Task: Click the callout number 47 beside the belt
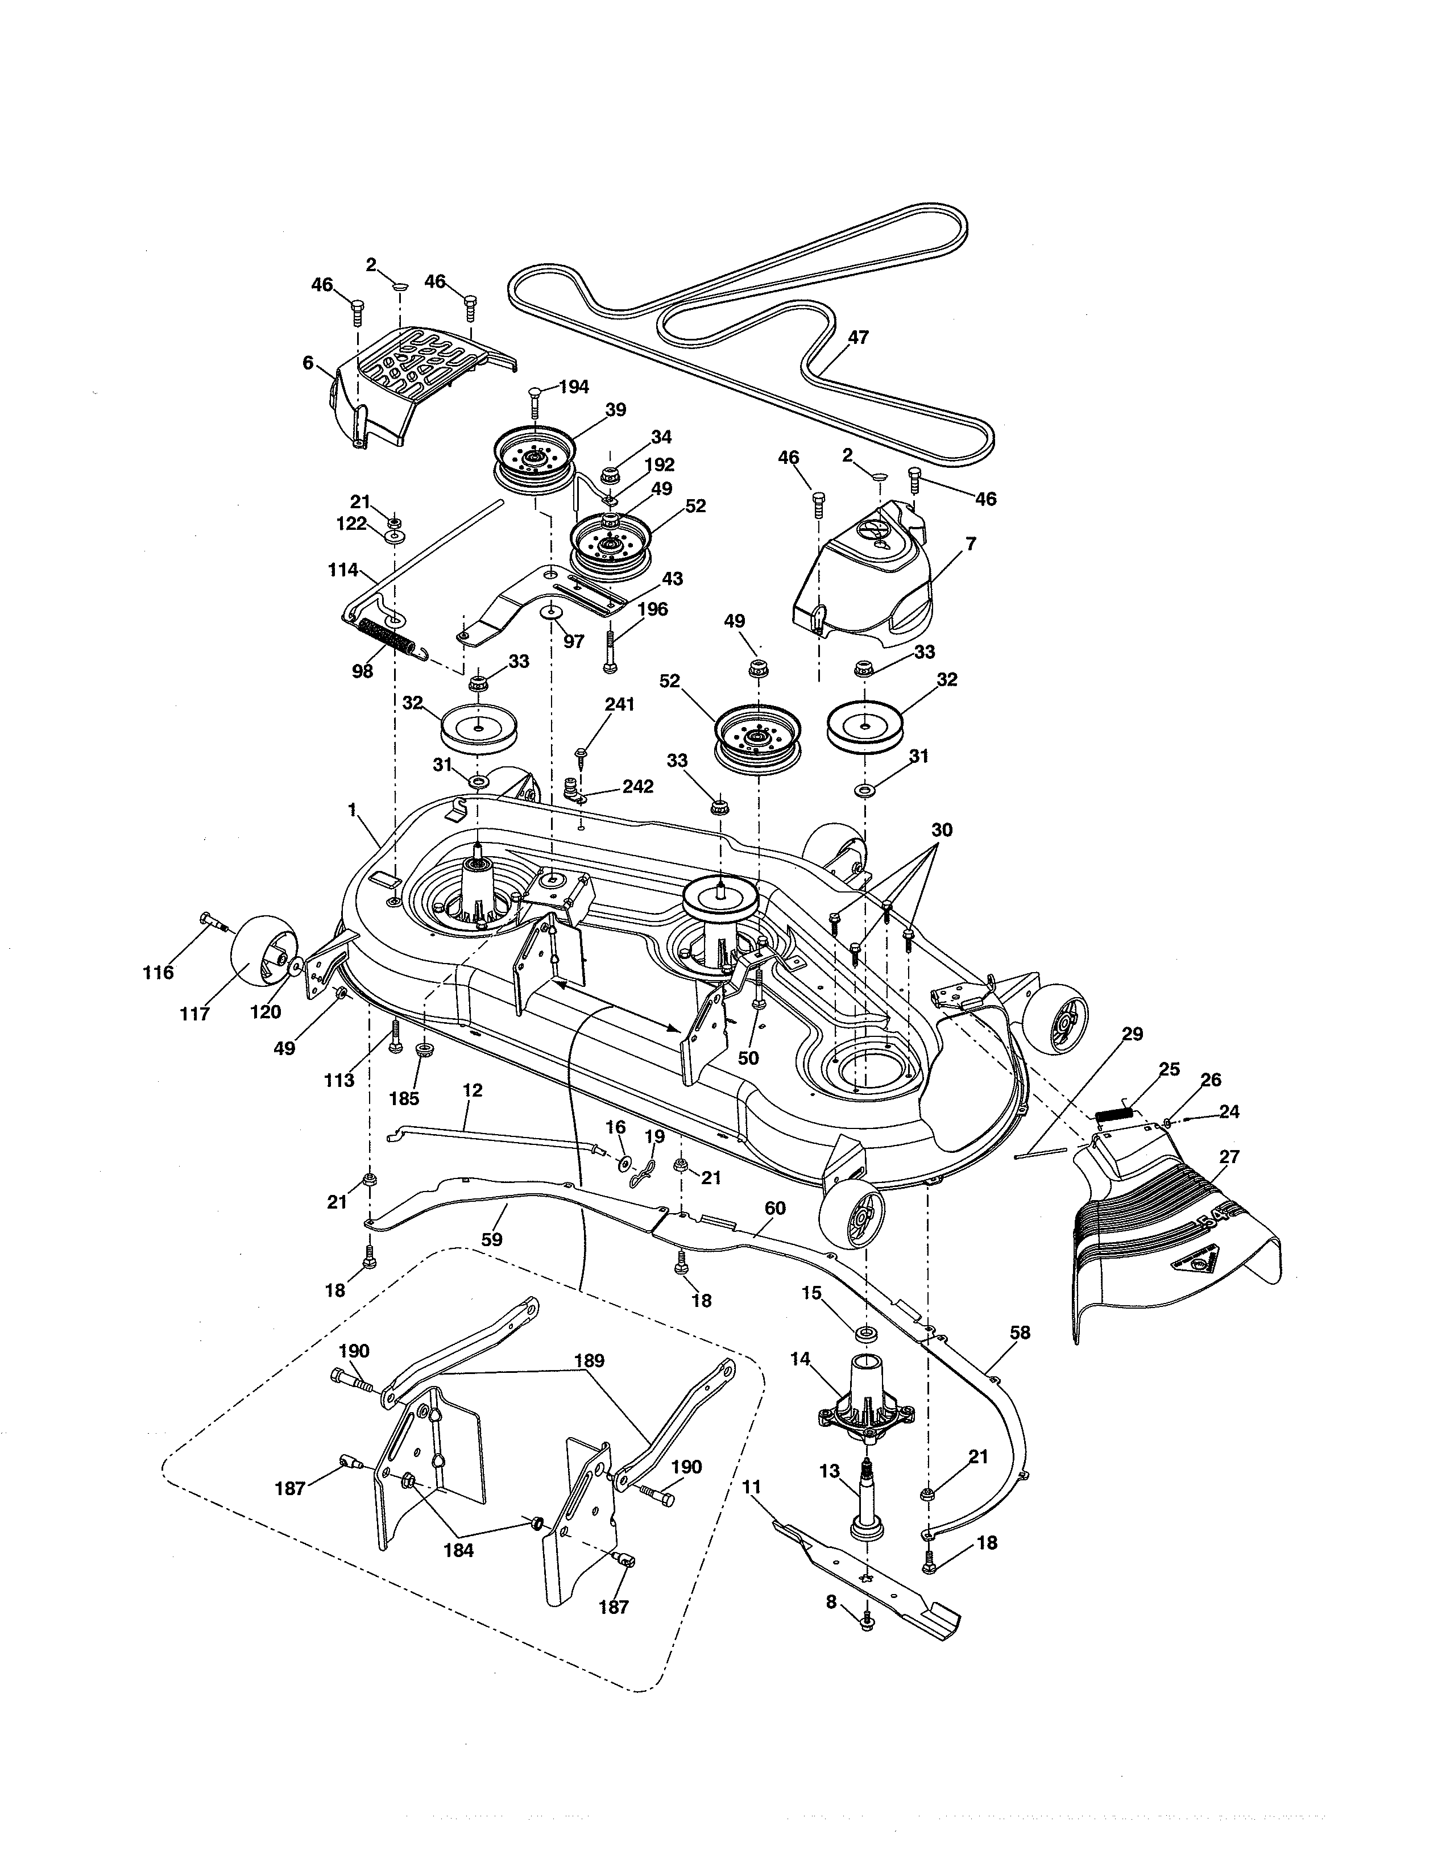coord(858,338)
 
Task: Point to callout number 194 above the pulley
coord(574,387)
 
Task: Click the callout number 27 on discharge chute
coord(1229,1157)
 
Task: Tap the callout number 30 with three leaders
coord(942,831)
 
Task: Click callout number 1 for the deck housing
coord(351,808)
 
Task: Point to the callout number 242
coord(638,786)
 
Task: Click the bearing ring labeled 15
coord(865,1334)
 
